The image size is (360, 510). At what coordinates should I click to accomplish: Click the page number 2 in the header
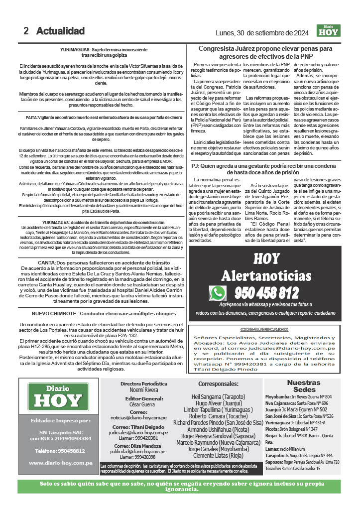(x=26, y=31)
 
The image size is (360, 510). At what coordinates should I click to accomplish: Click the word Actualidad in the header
(x=60, y=31)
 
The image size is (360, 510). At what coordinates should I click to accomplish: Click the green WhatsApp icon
(x=218, y=293)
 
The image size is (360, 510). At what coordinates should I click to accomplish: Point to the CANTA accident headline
(x=97, y=262)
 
